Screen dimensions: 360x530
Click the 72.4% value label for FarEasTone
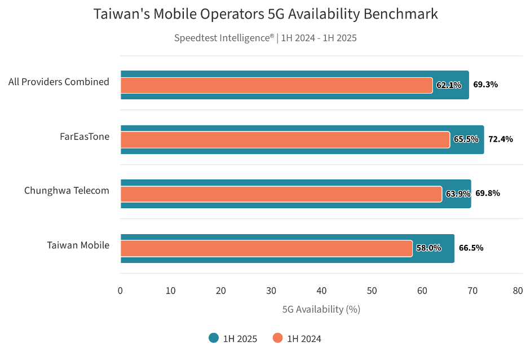pos(500,139)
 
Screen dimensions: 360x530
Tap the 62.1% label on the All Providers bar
pos(449,85)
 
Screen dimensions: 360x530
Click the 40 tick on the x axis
pos(321,291)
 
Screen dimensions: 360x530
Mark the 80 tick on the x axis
pos(517,291)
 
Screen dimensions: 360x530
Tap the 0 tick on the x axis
pos(120,291)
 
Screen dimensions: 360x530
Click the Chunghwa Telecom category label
pos(67,191)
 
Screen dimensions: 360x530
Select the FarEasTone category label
pos(85,137)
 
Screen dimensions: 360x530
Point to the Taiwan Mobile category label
pos(78,245)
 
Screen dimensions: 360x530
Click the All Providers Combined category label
pos(59,82)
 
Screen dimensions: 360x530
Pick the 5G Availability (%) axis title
pos(321,309)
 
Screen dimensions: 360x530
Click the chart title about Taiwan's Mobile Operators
pos(265,14)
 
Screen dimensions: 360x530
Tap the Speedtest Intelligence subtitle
pos(265,38)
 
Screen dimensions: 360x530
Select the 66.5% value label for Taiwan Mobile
pos(471,248)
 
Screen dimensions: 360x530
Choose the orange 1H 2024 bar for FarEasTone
pos(285,139)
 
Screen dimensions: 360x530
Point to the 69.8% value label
pos(488,193)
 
